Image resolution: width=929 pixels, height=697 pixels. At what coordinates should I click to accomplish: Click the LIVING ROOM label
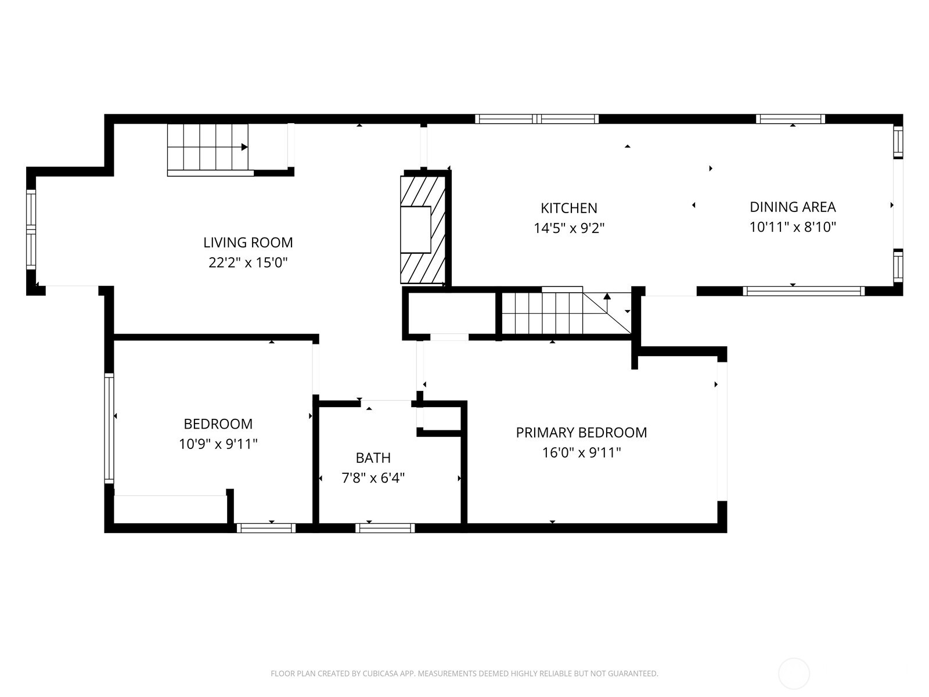point(248,242)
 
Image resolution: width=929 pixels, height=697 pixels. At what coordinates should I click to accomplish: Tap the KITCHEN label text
point(569,208)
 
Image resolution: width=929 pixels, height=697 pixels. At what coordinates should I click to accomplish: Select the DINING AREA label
point(793,207)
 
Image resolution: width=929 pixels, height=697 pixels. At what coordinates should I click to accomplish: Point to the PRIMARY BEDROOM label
point(582,433)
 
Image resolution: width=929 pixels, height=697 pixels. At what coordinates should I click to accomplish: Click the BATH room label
point(373,458)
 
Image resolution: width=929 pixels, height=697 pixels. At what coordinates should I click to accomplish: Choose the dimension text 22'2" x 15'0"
point(248,263)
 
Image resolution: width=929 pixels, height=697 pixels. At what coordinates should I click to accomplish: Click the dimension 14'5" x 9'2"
point(569,228)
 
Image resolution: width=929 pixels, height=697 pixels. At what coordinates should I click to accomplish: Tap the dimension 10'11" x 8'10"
point(793,227)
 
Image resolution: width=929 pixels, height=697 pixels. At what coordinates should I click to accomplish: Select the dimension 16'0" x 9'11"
point(582,453)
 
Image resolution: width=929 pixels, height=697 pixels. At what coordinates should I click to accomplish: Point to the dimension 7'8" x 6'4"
point(373,478)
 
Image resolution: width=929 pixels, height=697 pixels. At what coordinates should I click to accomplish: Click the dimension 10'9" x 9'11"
point(218,444)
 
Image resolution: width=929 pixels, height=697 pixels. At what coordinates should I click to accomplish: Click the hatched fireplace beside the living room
point(423,230)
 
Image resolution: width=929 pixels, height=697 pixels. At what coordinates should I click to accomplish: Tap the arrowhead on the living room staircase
point(244,148)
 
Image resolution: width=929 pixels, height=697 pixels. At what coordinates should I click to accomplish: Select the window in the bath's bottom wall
point(385,528)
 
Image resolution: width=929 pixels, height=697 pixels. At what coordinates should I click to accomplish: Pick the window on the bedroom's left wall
point(109,428)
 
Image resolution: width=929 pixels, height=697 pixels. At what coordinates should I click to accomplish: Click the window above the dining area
point(790,119)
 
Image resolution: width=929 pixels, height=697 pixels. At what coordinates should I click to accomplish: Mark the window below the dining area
point(804,291)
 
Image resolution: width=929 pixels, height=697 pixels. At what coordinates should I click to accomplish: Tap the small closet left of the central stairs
point(452,314)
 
